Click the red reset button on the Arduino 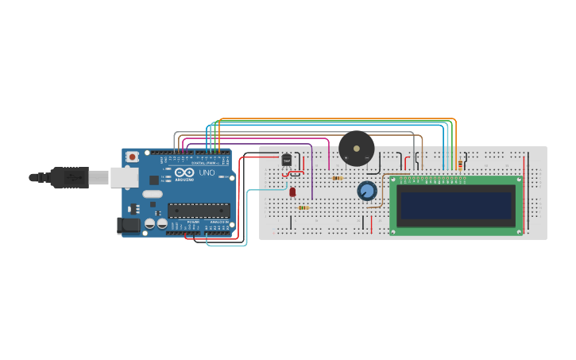pos(132,157)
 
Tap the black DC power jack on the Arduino pos(129,226)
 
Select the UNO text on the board pos(207,172)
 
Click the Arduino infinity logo pos(184,172)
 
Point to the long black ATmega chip pos(199,211)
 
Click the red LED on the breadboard pos(292,192)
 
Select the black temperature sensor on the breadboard pos(287,160)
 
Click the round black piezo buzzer pos(357,149)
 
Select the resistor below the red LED pos(303,207)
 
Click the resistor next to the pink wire pos(338,178)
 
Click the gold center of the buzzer pos(357,148)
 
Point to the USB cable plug pos(68,178)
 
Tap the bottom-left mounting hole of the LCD pos(393,231)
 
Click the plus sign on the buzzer pos(346,158)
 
